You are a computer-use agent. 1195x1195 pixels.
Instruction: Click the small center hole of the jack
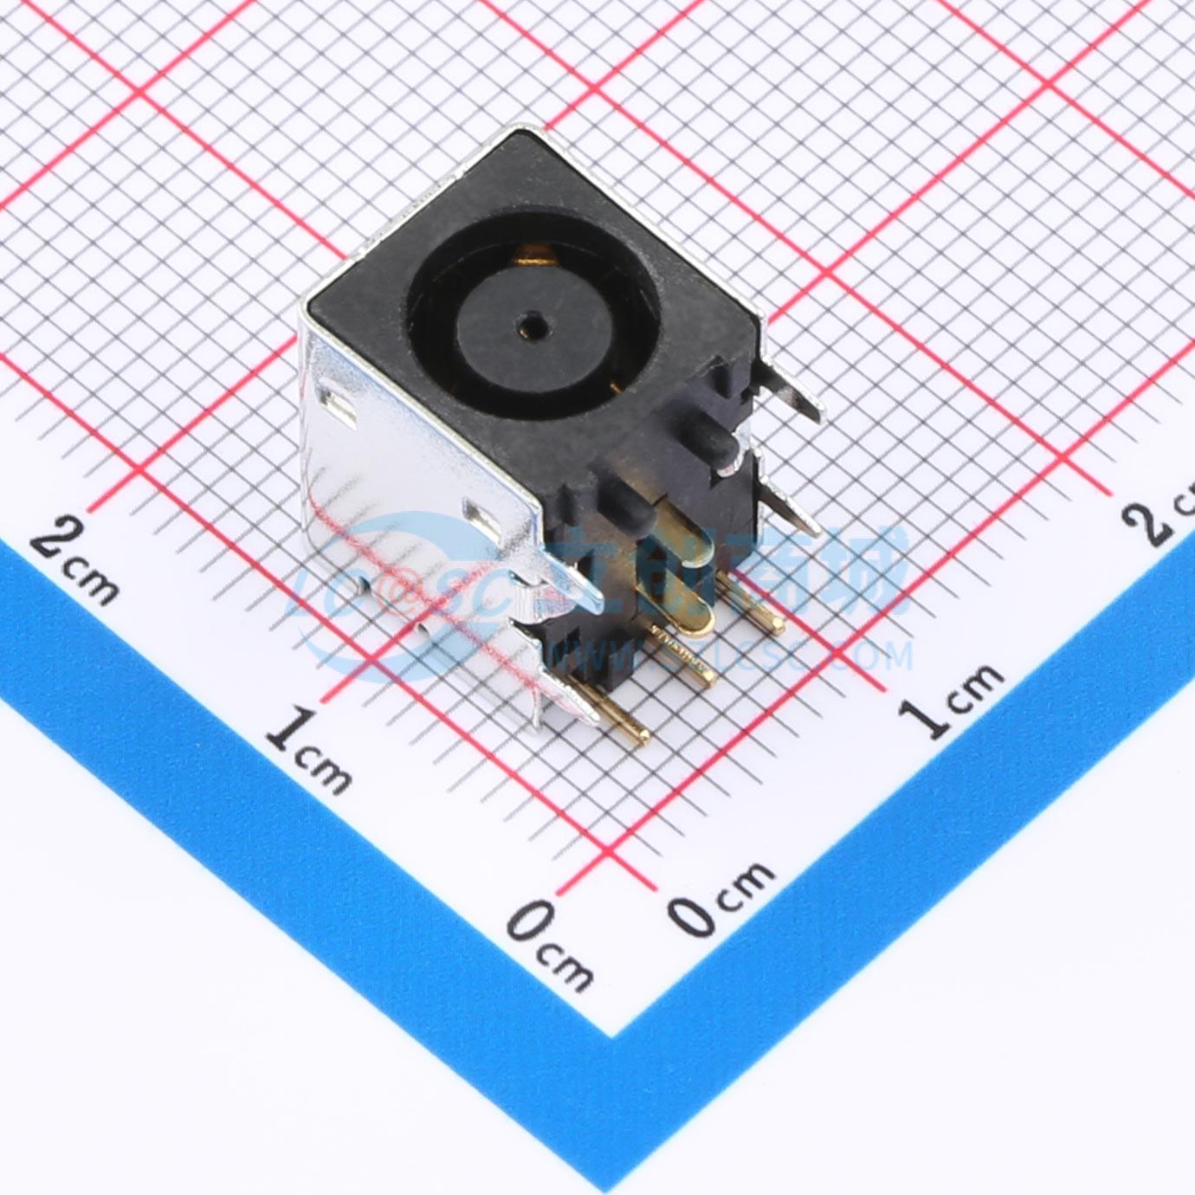coord(529,327)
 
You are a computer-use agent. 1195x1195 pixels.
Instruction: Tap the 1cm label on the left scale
coord(308,749)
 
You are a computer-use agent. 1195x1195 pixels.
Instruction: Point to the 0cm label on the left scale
coord(549,943)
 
